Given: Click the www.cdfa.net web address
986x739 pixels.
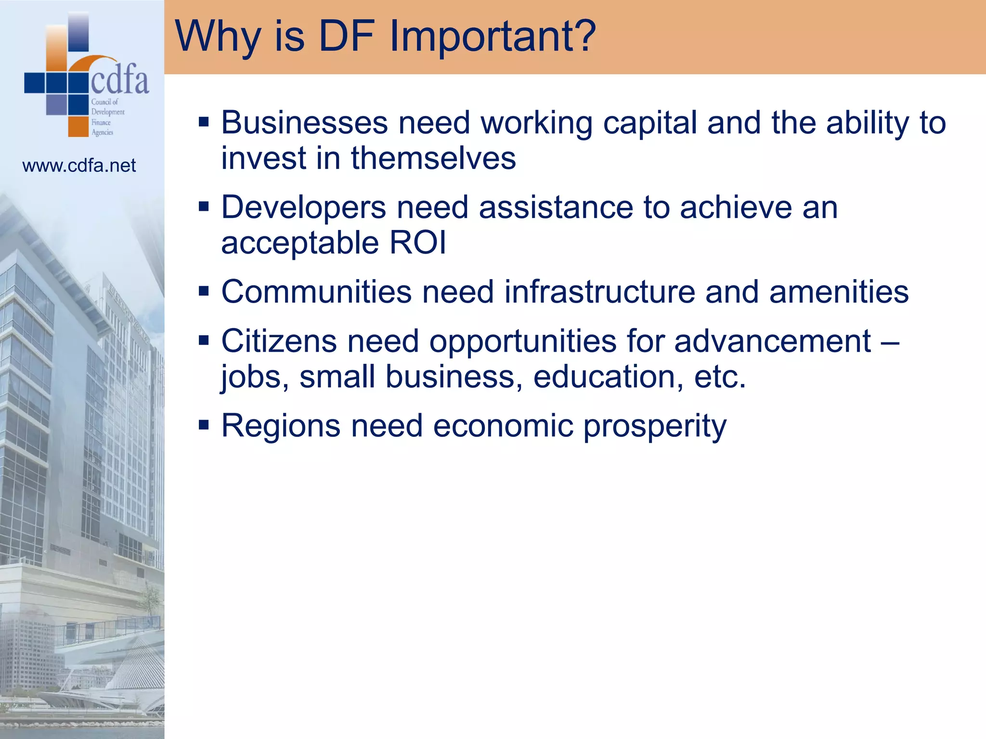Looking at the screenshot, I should (79, 166).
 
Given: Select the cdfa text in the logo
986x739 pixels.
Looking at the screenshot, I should (120, 80).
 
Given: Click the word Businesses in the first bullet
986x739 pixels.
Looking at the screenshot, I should (304, 123).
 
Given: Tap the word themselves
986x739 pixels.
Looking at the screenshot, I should (433, 158).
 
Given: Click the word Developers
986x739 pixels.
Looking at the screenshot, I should (303, 208).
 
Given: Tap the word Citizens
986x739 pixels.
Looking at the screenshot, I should (279, 341).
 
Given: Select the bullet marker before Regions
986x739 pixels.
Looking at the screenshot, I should (204, 425).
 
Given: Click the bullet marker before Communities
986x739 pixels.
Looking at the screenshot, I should (204, 291).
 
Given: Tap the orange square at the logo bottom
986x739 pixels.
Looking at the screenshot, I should (78, 127).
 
